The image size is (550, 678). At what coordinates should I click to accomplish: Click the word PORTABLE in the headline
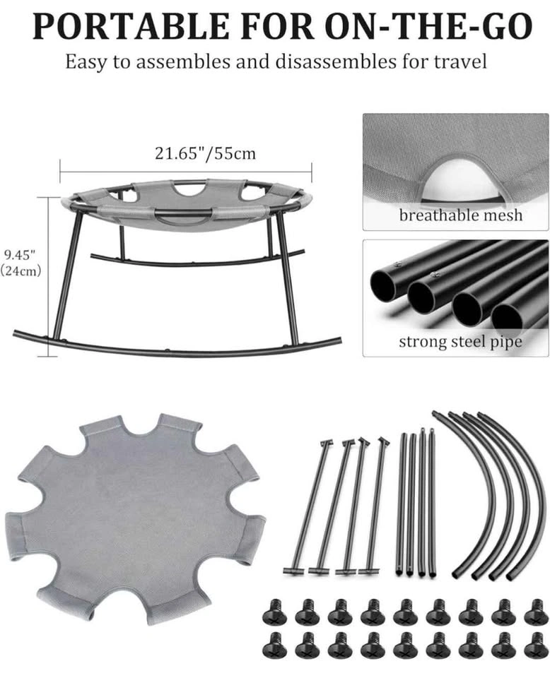coord(131,27)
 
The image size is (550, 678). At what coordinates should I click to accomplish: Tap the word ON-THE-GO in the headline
coord(428,27)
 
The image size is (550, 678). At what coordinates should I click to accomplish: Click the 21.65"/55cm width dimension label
coord(205,153)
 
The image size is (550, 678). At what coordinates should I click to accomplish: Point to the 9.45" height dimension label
coord(20,254)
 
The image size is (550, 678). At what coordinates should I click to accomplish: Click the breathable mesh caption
coord(460,215)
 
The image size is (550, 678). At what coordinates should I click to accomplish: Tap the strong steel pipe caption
coord(460,342)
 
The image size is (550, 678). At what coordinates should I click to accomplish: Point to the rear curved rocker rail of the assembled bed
coord(197,261)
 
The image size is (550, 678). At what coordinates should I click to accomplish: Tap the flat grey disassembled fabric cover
coord(135,519)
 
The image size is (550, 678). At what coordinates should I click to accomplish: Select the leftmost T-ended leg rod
coord(308,506)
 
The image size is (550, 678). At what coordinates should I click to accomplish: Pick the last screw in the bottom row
coord(536,645)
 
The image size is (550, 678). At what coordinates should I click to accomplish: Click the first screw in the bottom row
coord(274,645)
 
